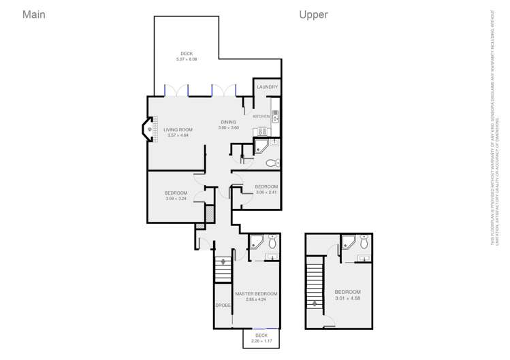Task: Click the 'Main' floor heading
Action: coord(33,14)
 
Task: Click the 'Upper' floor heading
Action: coord(313,14)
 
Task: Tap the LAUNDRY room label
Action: coord(267,87)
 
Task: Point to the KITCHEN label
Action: coord(261,116)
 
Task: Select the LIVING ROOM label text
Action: coord(178,129)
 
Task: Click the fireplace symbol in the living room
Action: coord(149,128)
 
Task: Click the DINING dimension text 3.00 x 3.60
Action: coord(228,128)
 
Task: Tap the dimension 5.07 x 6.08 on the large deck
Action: coord(187,60)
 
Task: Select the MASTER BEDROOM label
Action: coord(256,293)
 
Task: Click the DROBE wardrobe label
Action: coord(223,306)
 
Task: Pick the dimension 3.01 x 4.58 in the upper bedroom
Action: coord(347,298)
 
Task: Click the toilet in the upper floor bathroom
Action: coord(364,242)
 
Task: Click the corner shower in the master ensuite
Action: coord(257,241)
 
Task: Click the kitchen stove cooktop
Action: coord(275,116)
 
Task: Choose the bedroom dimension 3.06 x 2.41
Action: coord(266,193)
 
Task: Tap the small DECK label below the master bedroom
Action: coord(261,335)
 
